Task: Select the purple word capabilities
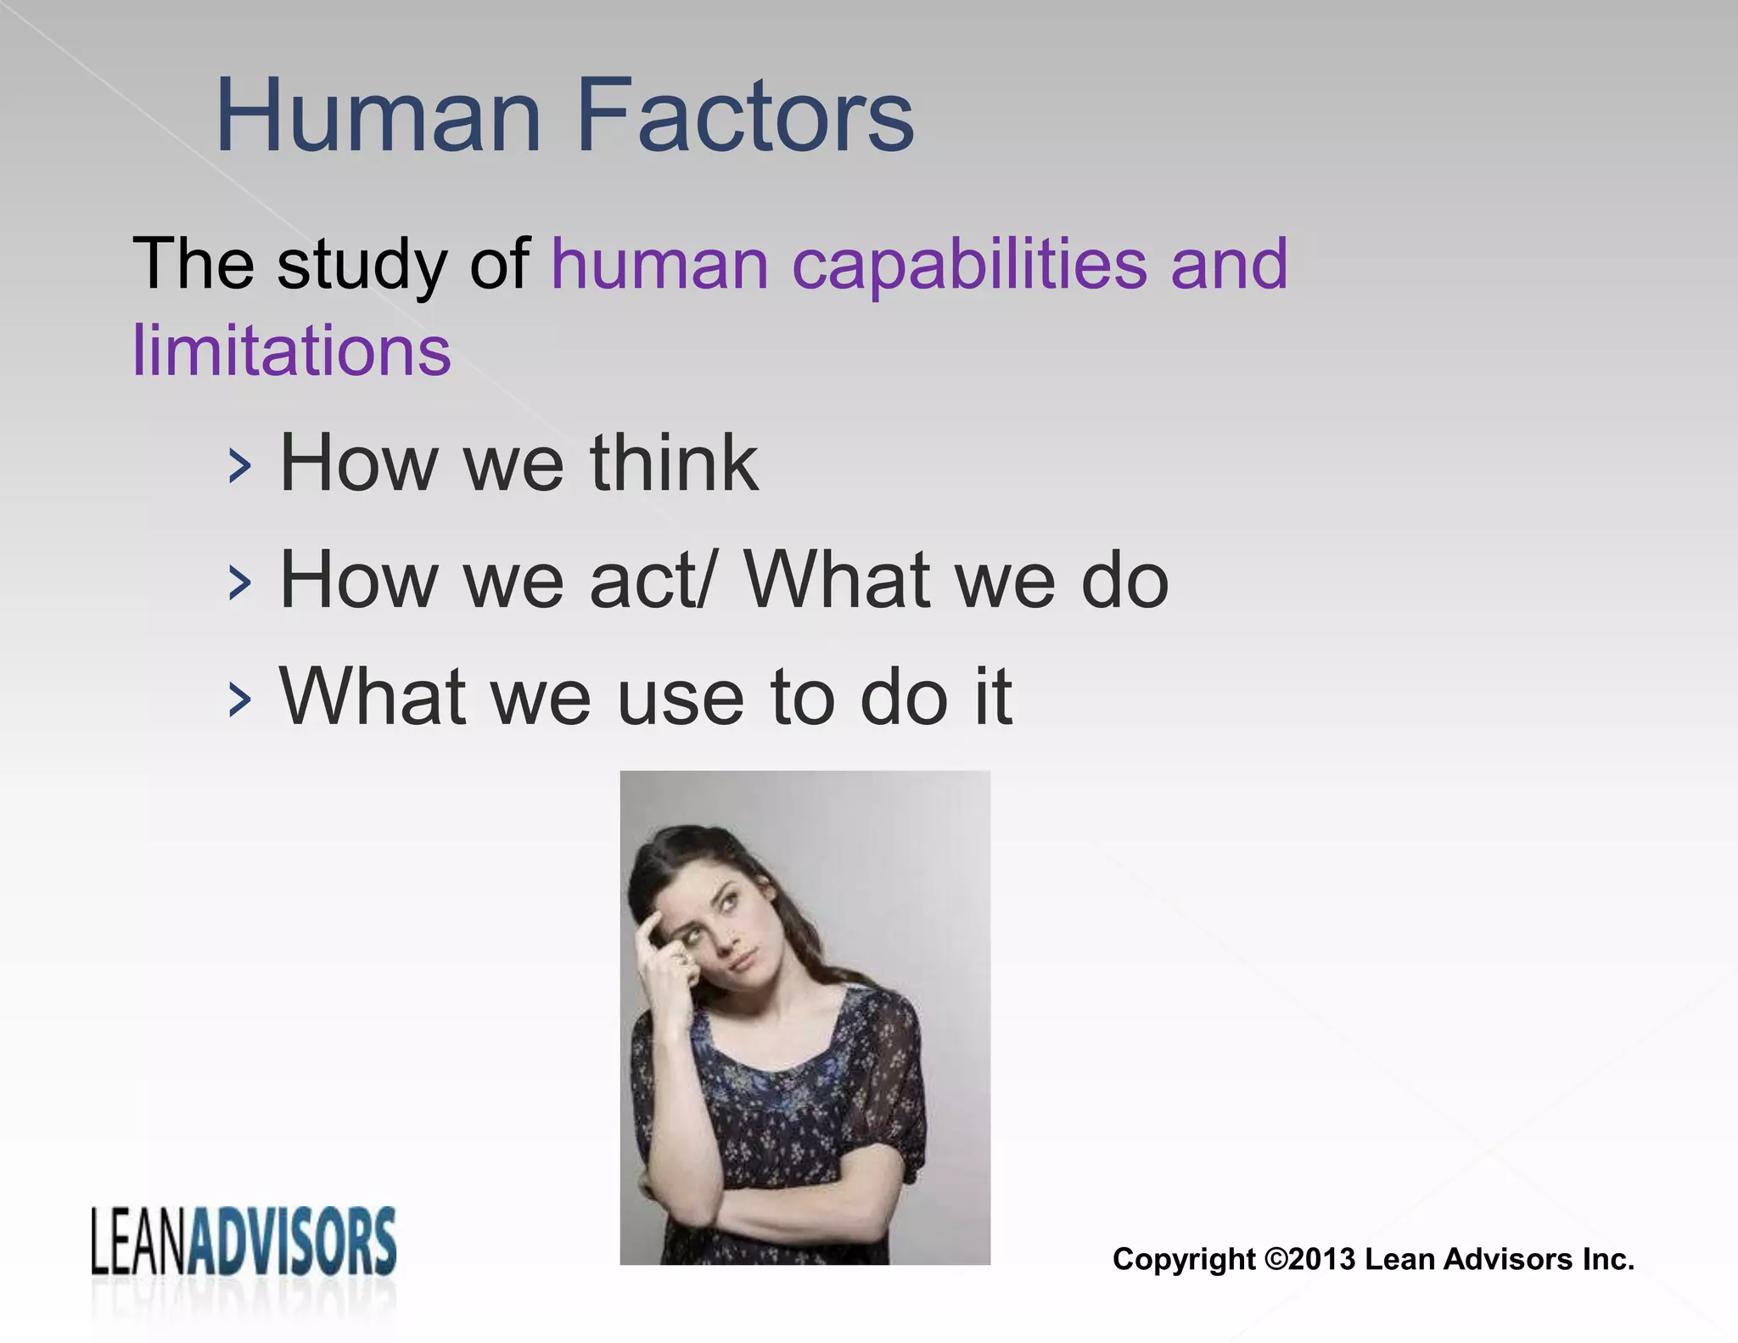coord(969,264)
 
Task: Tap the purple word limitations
coord(291,350)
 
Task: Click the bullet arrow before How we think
coord(240,467)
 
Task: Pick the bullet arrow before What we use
coord(240,700)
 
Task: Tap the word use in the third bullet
coord(680,699)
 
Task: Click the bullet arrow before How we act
coord(240,584)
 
